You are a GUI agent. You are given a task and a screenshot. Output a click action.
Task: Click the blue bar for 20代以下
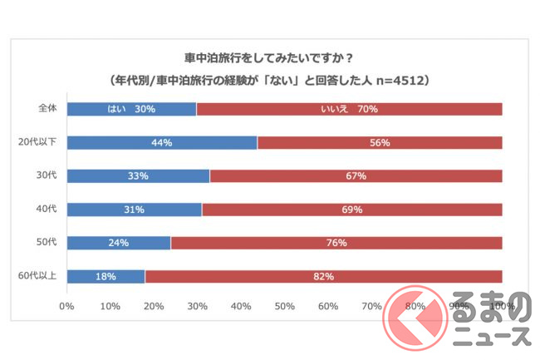coord(162,142)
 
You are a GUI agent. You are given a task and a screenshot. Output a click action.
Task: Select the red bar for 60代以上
coord(323,276)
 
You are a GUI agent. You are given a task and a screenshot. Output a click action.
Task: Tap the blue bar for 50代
coord(118,243)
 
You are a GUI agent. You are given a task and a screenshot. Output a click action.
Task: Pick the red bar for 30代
coord(356,175)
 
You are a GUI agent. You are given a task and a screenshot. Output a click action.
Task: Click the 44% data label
coord(161,142)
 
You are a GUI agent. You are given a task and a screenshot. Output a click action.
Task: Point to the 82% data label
coord(323,276)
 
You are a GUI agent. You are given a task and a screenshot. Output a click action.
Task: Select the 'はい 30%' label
coord(131,109)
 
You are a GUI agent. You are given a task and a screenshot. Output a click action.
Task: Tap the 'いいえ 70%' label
coord(349,109)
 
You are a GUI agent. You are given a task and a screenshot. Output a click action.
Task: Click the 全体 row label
coord(47,109)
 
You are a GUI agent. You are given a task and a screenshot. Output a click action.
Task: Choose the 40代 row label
coord(47,209)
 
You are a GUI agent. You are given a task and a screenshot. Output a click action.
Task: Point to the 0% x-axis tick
coord(66,305)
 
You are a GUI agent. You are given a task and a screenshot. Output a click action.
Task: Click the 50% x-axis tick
coord(284,305)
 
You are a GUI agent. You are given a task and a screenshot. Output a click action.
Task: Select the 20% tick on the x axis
coord(154,305)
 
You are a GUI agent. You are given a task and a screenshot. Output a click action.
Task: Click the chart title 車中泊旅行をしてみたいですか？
coord(269,58)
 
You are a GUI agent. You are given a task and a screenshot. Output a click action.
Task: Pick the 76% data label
coord(336,243)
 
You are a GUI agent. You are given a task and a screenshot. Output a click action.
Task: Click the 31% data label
coord(133,209)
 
